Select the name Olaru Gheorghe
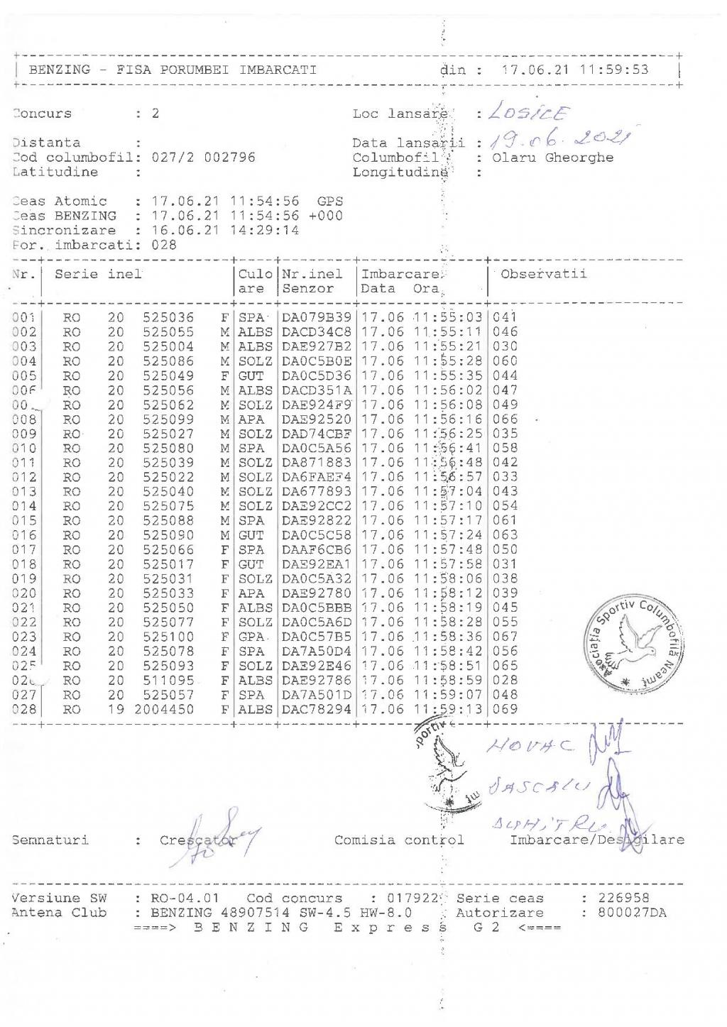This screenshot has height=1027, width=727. [x=552, y=158]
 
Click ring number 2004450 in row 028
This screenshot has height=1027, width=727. [x=168, y=709]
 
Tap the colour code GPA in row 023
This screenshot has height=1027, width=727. [x=252, y=637]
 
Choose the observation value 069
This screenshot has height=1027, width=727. [x=505, y=709]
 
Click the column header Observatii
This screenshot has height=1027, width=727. [x=544, y=274]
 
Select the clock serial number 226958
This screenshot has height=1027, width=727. [x=623, y=898]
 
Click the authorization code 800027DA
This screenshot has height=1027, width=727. [x=632, y=913]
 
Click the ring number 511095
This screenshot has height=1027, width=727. [x=168, y=680]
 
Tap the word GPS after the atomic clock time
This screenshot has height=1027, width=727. [x=330, y=202]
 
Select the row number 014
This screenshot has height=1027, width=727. [x=24, y=506]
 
